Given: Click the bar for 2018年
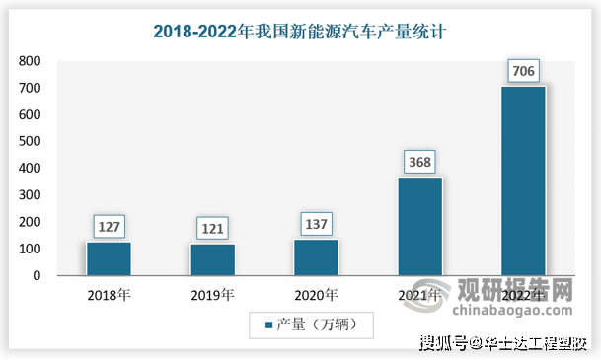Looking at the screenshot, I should coord(109,258).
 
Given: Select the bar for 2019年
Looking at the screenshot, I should coord(212,259).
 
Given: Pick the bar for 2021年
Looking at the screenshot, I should coord(419,226).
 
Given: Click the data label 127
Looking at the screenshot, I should coord(109,226).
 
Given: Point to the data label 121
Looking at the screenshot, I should coord(212,228).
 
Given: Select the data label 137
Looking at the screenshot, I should coord(316,223).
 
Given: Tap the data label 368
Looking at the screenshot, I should coord(419,162).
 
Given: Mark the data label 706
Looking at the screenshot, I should coord(523,71).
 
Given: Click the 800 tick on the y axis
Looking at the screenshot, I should coord(29,61).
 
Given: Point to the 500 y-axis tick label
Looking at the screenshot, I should coord(29,142).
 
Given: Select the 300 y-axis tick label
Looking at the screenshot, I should coord(29,195).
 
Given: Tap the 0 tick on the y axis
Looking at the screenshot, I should coord(36,276).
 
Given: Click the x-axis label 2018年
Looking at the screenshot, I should coord(109,294).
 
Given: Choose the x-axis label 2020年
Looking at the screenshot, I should coord(316,294).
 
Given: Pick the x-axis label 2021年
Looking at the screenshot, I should coord(419,294).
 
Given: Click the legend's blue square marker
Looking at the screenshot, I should coord(267,323).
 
